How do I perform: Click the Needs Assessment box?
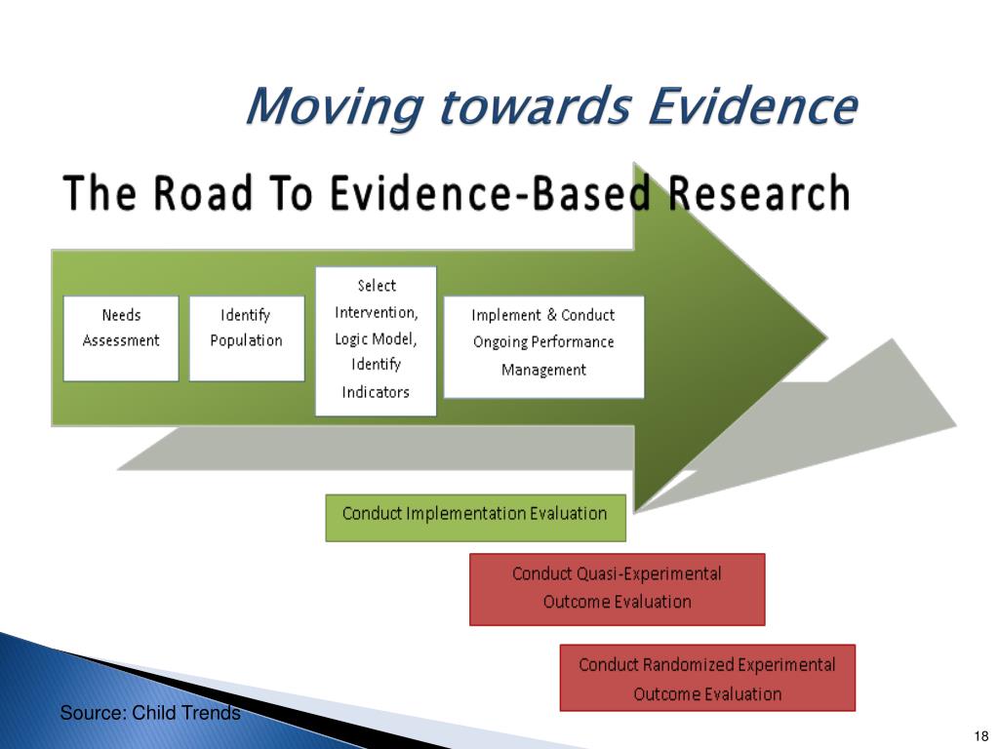click(x=121, y=338)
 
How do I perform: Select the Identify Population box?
click(x=247, y=338)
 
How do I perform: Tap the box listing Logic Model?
click(x=376, y=341)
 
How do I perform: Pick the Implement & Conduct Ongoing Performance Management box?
click(x=543, y=347)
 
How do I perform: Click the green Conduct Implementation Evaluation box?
click(x=475, y=518)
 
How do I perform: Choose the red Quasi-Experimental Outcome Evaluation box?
click(x=617, y=589)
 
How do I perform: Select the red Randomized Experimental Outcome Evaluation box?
click(x=707, y=678)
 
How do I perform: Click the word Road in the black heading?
click(x=204, y=193)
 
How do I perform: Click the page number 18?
click(x=980, y=736)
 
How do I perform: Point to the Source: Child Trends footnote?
click(x=150, y=713)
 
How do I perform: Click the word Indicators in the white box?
click(x=376, y=392)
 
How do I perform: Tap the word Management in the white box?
click(x=543, y=370)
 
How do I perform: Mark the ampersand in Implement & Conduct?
click(x=552, y=315)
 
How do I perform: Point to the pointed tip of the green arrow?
click(x=827, y=337)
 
